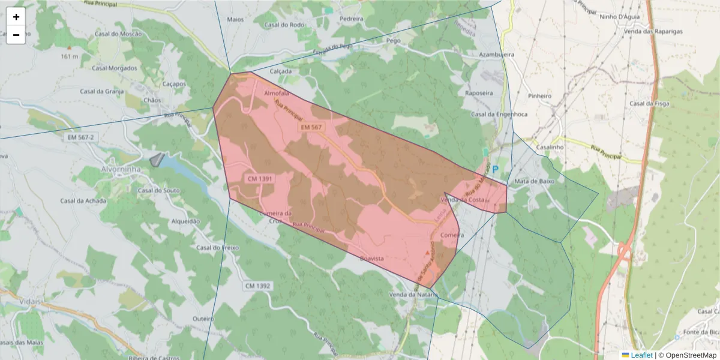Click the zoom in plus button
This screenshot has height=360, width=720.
pyautogui.click(x=16, y=17)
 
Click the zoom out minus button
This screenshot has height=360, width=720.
pyautogui.click(x=16, y=35)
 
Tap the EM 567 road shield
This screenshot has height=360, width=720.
pyautogui.click(x=311, y=127)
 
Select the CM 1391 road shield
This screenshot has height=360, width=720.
pyautogui.click(x=260, y=179)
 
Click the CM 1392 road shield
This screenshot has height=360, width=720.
pyautogui.click(x=258, y=286)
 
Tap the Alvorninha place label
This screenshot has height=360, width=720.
pyautogui.click(x=121, y=169)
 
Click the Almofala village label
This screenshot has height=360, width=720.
pyautogui.click(x=277, y=94)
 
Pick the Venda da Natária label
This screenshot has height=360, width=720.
pyautogui.click(x=411, y=295)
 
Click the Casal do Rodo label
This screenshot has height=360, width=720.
pyautogui.click(x=284, y=25)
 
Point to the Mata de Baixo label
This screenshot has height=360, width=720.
pyautogui.click(x=534, y=181)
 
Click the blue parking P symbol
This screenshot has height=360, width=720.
pyautogui.click(x=496, y=170)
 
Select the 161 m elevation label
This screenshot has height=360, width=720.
pyautogui.click(x=70, y=56)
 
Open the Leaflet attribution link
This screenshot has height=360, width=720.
pyautogui.click(x=641, y=355)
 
